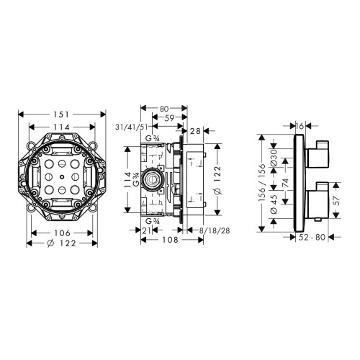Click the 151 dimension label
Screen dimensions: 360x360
point(61,114)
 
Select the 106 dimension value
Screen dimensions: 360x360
point(62,233)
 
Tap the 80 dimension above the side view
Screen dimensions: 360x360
point(164,109)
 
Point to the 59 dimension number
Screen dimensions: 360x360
point(169,118)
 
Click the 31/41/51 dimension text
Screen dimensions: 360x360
point(131,127)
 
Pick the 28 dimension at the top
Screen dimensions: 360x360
point(195,131)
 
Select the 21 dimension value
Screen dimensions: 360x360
point(147,230)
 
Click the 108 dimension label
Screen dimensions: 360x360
point(170,240)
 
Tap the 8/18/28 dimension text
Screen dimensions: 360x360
point(215,230)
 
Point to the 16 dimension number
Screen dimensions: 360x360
point(300,126)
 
